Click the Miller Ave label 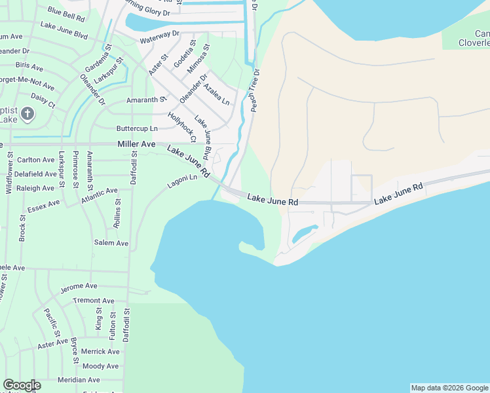point(136,144)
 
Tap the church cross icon point(27,115)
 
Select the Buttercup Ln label point(137,128)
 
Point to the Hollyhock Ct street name point(181,127)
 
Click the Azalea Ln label point(216,94)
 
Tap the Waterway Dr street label point(159,36)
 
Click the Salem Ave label point(111,243)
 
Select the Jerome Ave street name point(79,287)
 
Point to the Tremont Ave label point(94,301)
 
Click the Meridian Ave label point(78,380)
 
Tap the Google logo point(22,385)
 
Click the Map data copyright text point(449,388)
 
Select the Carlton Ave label point(35,160)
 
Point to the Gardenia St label point(95,62)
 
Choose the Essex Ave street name point(43,207)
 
